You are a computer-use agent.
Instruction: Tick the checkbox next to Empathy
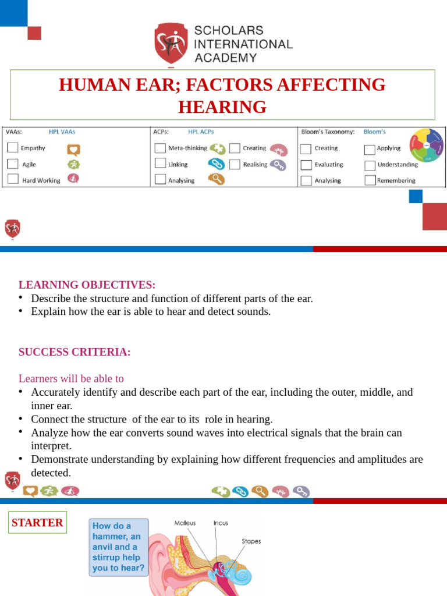[13, 148]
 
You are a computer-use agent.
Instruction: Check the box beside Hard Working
[13, 180]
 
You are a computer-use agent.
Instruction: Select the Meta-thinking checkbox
[160, 148]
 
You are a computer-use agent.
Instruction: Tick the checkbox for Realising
[235, 164]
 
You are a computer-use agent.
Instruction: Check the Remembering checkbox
[370, 180]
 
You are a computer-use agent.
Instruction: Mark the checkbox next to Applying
[370, 149]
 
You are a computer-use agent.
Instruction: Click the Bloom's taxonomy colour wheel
[427, 146]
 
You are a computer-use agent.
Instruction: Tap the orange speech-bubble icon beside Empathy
[73, 148]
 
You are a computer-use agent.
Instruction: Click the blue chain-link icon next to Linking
[217, 164]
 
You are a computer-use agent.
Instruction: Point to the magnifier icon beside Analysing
[217, 179]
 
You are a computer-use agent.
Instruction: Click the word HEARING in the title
[222, 107]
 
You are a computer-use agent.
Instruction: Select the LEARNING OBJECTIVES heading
[87, 285]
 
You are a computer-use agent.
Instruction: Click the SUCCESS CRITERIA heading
[74, 352]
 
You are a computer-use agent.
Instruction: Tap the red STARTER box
[37, 523]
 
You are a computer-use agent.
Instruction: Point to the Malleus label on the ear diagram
[185, 523]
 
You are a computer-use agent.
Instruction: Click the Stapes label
[251, 541]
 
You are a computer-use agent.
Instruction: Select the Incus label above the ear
[221, 523]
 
